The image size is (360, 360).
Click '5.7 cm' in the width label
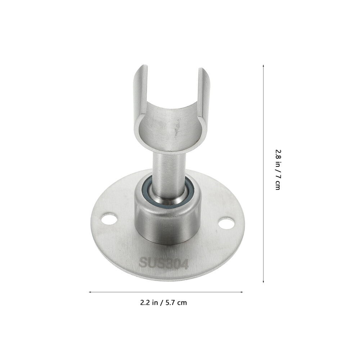click(x=176, y=302)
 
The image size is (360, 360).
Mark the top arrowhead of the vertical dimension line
click(x=264, y=66)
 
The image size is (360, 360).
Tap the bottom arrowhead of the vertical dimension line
click(x=264, y=281)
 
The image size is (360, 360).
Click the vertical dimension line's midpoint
click(x=264, y=174)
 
